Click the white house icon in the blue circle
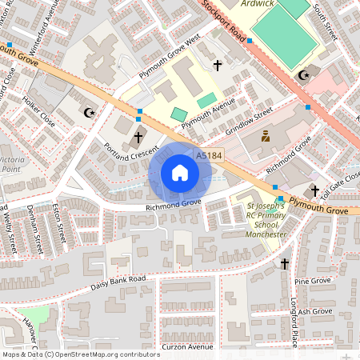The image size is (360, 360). [180, 173]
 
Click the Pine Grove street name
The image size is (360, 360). [313, 282]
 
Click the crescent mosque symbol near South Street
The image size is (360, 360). [303, 75]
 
